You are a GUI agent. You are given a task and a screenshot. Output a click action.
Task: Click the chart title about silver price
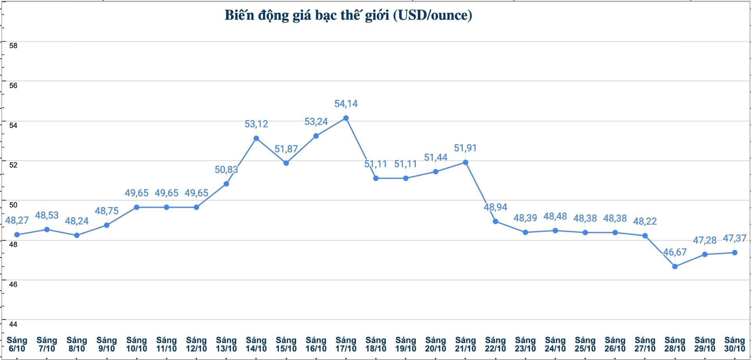tap(348, 15)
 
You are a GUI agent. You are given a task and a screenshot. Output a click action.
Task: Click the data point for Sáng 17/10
tap(346, 118)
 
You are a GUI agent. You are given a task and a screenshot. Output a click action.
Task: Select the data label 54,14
tap(346, 104)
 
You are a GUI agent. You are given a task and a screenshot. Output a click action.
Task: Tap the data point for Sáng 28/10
tap(675, 266)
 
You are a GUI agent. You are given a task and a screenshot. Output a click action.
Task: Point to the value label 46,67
tap(675, 252)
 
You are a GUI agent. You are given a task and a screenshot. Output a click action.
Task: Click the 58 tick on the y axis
tap(13, 46)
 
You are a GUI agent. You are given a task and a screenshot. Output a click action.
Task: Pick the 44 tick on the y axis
tap(13, 324)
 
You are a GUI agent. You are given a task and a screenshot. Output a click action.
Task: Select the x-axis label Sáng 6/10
tap(17, 344)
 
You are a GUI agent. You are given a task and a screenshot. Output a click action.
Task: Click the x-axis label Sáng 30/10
tap(735, 344)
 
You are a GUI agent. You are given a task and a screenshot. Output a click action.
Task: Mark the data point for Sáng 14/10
tap(256, 138)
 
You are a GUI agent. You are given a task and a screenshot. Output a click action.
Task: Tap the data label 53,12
tap(256, 124)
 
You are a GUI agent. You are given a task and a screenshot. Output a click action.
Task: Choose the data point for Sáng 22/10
tap(496, 221)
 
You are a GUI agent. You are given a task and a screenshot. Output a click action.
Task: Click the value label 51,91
tap(465, 148)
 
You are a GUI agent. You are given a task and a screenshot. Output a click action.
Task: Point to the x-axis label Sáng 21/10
tap(465, 344)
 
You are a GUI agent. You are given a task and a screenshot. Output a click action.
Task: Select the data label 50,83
tap(226, 170)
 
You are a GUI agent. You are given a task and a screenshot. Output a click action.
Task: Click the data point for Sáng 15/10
tap(286, 163)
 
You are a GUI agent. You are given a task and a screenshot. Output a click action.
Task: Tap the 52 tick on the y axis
tap(13, 165)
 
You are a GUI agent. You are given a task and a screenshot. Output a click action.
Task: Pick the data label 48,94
tap(496, 207)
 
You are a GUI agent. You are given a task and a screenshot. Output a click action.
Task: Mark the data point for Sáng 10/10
tap(137, 207)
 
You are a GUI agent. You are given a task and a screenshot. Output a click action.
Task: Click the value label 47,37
tap(735, 238)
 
